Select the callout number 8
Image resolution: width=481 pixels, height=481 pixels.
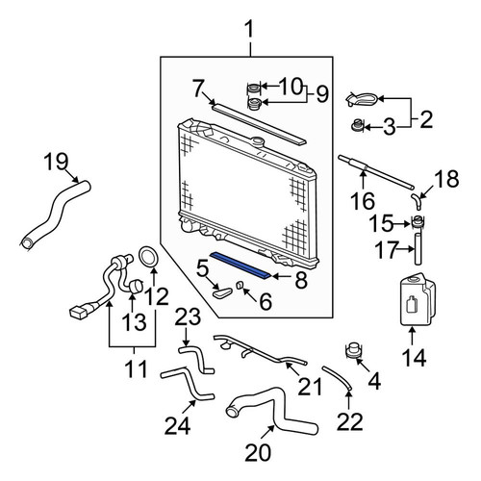(x=301, y=280)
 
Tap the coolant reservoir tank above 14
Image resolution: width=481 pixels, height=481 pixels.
(x=418, y=299)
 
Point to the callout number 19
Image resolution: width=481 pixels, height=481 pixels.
(x=56, y=162)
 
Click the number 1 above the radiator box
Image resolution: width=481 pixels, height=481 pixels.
(x=250, y=29)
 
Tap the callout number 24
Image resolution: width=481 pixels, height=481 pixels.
(x=178, y=426)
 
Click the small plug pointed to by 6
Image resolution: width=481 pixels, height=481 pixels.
(x=240, y=285)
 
